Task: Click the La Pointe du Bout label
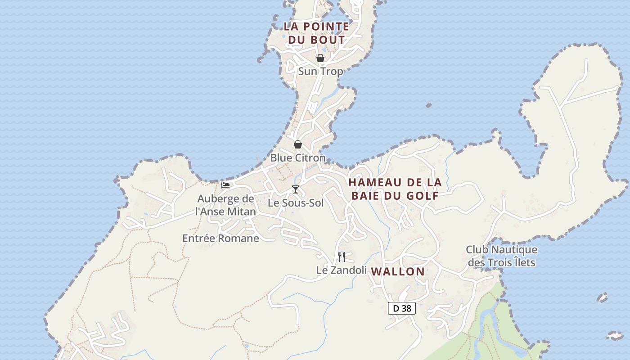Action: tap(316, 33)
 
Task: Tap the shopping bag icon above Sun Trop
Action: tap(320, 58)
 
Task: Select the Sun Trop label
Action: tap(320, 71)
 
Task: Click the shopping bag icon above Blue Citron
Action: tap(297, 144)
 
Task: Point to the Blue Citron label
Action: tap(297, 157)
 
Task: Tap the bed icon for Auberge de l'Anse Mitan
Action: tap(225, 185)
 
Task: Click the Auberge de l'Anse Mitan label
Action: tap(226, 205)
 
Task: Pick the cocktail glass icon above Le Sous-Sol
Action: tap(295, 189)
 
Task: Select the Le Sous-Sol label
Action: tap(296, 203)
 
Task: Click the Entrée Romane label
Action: tap(220, 238)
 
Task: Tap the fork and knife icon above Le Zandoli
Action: tap(342, 257)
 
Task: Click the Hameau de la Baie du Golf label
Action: tap(395, 189)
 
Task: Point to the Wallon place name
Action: tap(399, 271)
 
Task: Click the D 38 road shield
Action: tap(401, 308)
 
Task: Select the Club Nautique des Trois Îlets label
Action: tap(501, 256)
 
